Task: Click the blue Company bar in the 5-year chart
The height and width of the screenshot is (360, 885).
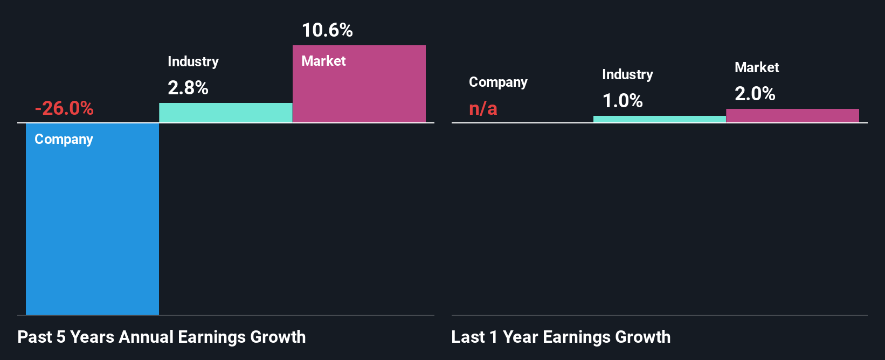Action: coord(92,226)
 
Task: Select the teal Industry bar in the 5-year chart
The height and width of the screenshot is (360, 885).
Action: coord(225,113)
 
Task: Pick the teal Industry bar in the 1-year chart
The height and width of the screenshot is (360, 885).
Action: coord(659,119)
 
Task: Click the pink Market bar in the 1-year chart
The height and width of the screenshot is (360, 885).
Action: coord(792,115)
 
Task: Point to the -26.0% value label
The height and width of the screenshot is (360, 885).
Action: coord(64,108)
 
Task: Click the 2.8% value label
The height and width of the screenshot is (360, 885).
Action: coord(188,88)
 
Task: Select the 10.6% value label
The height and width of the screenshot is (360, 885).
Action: coord(327,30)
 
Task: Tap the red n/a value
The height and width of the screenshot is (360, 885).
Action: coord(483,108)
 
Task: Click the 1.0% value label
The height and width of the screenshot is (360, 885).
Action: coord(622,101)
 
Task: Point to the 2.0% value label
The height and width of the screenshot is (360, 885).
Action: coord(755,94)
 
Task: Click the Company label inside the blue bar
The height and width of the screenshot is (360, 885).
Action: coord(64,139)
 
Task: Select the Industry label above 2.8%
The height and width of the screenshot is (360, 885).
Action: coord(193,61)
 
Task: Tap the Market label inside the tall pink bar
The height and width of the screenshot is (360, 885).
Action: coord(323,61)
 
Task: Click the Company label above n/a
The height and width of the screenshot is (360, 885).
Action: coord(498,82)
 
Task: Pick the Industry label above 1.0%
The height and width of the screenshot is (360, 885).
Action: coord(627,74)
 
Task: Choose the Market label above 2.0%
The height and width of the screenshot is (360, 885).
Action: coord(757,67)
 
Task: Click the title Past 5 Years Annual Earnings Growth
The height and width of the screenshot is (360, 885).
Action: coord(161,337)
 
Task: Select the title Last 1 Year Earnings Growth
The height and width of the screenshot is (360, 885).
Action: coord(561,337)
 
